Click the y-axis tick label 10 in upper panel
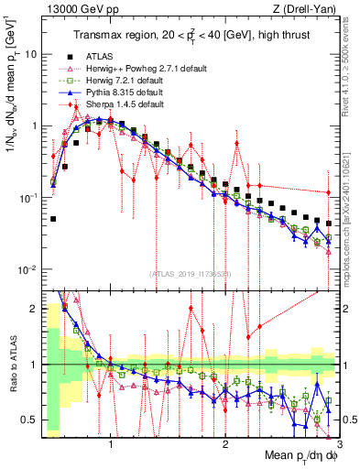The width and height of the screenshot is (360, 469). (29, 54)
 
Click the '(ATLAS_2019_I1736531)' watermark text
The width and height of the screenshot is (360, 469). (189, 275)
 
